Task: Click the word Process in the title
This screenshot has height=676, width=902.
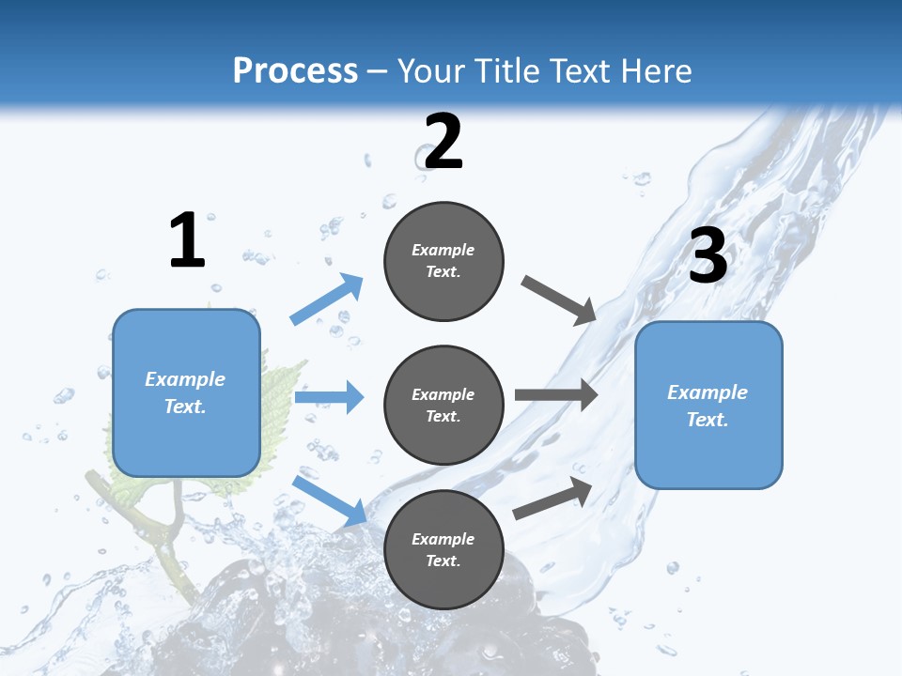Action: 295,70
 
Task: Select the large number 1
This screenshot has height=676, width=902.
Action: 187,241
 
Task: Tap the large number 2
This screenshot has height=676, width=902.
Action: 443,142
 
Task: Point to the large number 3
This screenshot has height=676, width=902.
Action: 708,256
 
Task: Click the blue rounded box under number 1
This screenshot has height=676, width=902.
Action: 186,392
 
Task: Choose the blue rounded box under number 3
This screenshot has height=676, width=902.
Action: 708,406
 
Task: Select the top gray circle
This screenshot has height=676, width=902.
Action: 443,261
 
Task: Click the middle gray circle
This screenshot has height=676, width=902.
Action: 443,406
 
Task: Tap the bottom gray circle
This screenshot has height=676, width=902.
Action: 443,550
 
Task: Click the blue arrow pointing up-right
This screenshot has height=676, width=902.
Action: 327,300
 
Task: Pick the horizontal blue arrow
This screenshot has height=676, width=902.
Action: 329,397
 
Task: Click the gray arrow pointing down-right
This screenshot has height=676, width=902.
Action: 560,300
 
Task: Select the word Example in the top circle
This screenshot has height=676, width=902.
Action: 443,250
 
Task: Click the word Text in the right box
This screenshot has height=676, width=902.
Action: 707,420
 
